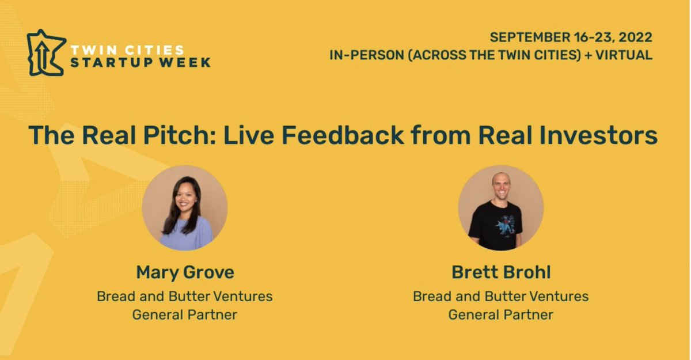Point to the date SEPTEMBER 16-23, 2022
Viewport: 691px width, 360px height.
571,37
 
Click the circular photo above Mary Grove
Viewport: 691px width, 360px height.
185,207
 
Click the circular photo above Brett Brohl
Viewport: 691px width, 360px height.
500,207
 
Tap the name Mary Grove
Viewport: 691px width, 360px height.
185,271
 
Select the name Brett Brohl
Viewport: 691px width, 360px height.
500,271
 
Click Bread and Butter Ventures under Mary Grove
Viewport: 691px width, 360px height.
185,297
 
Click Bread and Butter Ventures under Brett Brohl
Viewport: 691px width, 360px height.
500,297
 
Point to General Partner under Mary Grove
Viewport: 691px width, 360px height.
185,315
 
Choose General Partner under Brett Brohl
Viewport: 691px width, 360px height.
500,315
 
